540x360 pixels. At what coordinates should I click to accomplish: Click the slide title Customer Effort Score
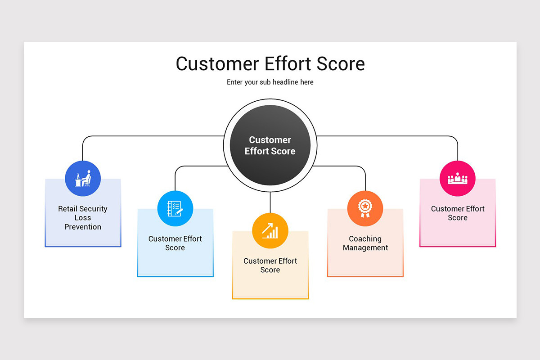tap(270, 64)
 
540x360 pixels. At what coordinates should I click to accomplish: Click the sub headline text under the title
tap(270, 82)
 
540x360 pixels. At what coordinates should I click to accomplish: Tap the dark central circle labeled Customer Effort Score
tap(270, 145)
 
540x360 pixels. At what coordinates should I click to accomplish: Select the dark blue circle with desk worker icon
tap(83, 179)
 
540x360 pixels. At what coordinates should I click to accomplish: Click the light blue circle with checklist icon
tap(175, 209)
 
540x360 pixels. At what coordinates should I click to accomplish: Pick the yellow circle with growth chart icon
tap(270, 231)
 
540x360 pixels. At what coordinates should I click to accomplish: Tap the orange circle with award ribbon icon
tap(365, 209)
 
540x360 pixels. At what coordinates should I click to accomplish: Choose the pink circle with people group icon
tap(457, 179)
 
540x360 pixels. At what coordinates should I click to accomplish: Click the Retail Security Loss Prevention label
tap(83, 218)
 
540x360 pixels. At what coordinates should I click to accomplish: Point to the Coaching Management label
tap(365, 243)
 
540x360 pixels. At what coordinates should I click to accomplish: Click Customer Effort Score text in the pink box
tap(457, 213)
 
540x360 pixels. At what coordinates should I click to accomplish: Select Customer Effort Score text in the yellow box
tap(270, 265)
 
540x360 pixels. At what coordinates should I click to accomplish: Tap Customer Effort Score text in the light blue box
tap(175, 243)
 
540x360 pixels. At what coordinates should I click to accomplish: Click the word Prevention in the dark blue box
tap(83, 227)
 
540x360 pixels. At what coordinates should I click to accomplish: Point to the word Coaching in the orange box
tap(365, 239)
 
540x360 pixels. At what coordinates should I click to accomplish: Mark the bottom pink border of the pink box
tap(457, 246)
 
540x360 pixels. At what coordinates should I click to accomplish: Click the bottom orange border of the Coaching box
tap(365, 276)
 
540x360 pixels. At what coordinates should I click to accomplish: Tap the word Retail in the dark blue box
tap(67, 209)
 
